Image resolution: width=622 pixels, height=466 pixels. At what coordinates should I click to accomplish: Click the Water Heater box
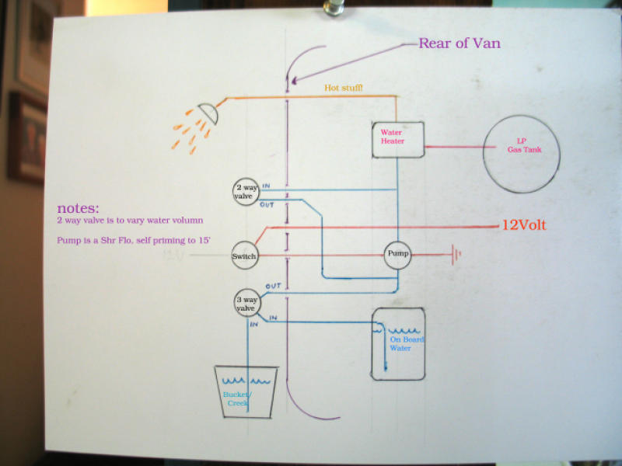397,139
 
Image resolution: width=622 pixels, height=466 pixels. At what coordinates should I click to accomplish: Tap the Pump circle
397,253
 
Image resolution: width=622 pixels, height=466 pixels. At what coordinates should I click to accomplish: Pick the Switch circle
243,256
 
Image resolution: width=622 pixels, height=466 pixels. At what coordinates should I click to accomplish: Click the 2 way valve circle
246,191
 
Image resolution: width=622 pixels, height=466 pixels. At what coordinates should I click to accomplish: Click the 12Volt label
524,225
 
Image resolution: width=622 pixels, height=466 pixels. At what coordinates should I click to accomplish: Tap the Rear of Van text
459,43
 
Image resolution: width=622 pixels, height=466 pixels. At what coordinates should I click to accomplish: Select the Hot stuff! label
343,89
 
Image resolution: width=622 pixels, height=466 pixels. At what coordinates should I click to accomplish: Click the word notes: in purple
78,209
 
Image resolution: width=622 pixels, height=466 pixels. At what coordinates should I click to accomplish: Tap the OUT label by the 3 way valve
272,287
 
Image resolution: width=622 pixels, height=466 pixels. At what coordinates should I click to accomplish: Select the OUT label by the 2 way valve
265,204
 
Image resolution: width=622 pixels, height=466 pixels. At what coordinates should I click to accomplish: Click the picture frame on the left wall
27,135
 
